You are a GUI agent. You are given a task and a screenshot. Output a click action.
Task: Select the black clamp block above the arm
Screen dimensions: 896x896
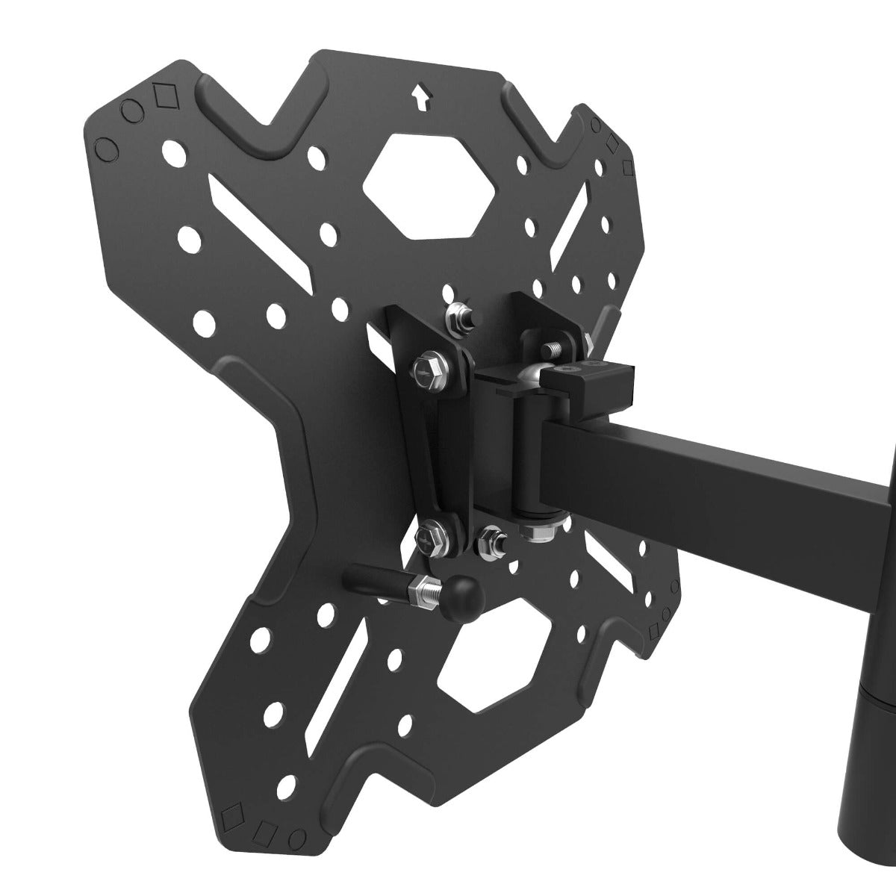click(x=590, y=379)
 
